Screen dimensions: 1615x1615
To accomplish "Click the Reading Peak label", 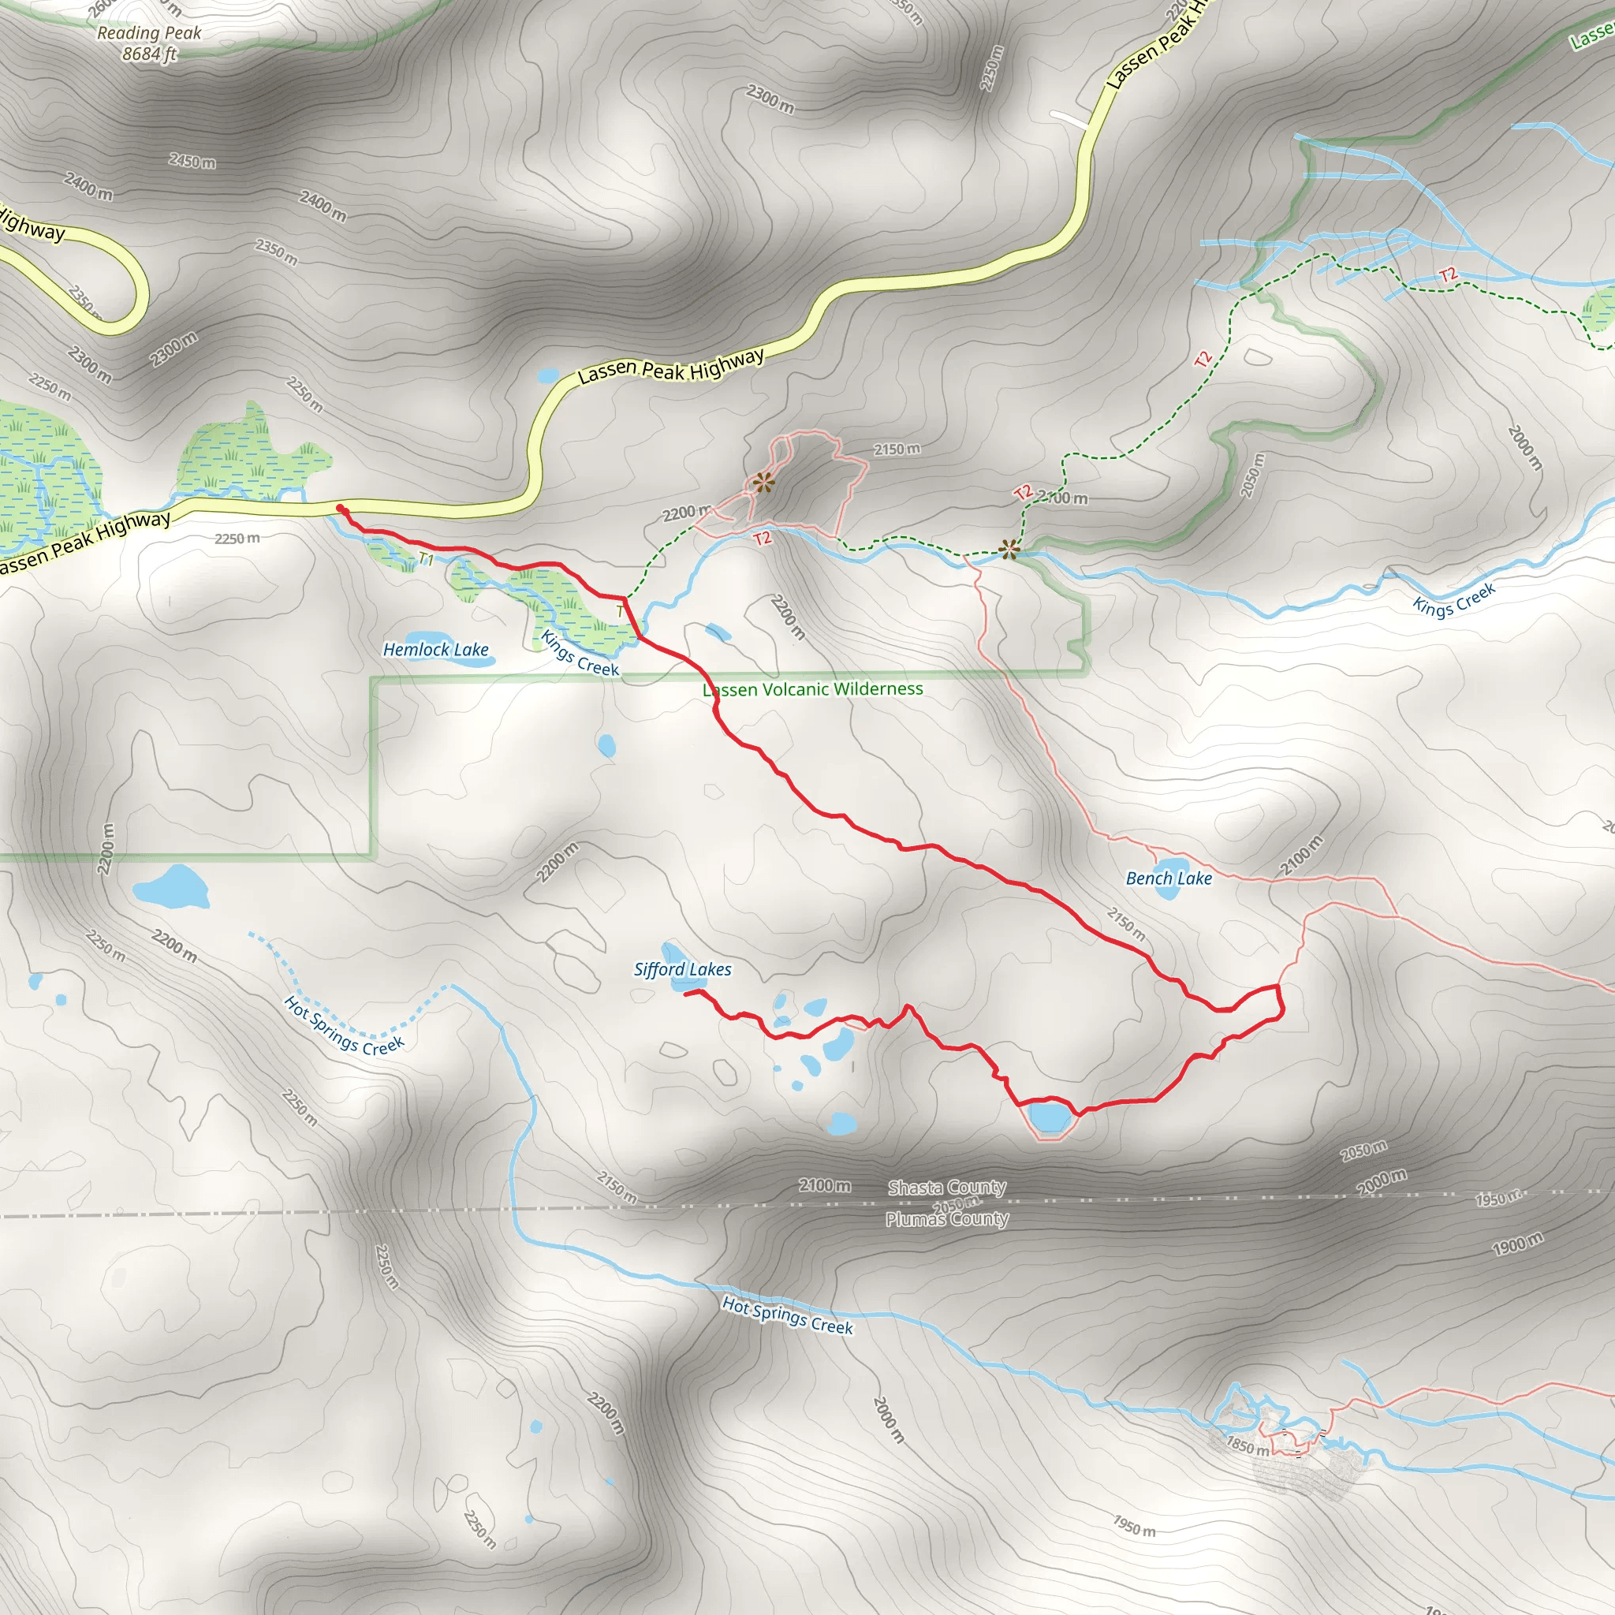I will [x=149, y=33].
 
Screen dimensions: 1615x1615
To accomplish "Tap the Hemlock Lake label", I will [x=435, y=650].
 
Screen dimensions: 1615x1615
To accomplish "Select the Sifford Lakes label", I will [x=682, y=970].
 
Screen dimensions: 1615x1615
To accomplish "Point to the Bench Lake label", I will [x=1169, y=878].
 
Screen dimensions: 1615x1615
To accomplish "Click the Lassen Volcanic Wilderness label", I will [x=812, y=690].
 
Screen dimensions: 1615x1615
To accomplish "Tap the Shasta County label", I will [x=946, y=1188].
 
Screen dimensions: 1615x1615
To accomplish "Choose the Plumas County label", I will [x=946, y=1220].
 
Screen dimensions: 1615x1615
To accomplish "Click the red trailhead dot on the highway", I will [x=340, y=509].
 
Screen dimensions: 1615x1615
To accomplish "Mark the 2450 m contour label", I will [x=192, y=162].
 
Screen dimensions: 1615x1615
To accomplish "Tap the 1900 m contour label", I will [x=1517, y=1244].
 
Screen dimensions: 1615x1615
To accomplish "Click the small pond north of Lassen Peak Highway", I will [x=548, y=375].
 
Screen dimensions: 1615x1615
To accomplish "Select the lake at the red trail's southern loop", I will [x=1049, y=1116].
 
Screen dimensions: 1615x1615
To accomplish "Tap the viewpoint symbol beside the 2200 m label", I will [x=763, y=483].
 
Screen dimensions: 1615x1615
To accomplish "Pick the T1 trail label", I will [x=427, y=559].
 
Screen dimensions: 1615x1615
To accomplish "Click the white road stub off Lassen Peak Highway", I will [x=1071, y=119].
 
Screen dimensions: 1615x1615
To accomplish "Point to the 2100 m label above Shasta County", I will [x=824, y=1185].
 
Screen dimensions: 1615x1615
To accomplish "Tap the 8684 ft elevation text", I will [x=150, y=54].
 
